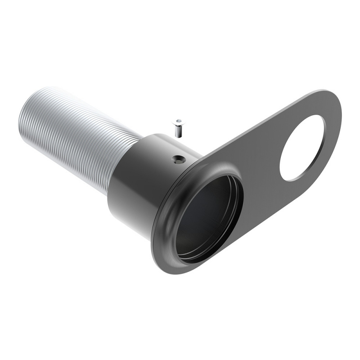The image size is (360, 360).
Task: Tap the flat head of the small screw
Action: click(179, 121)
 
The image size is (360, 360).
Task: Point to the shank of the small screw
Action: click(179, 130)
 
